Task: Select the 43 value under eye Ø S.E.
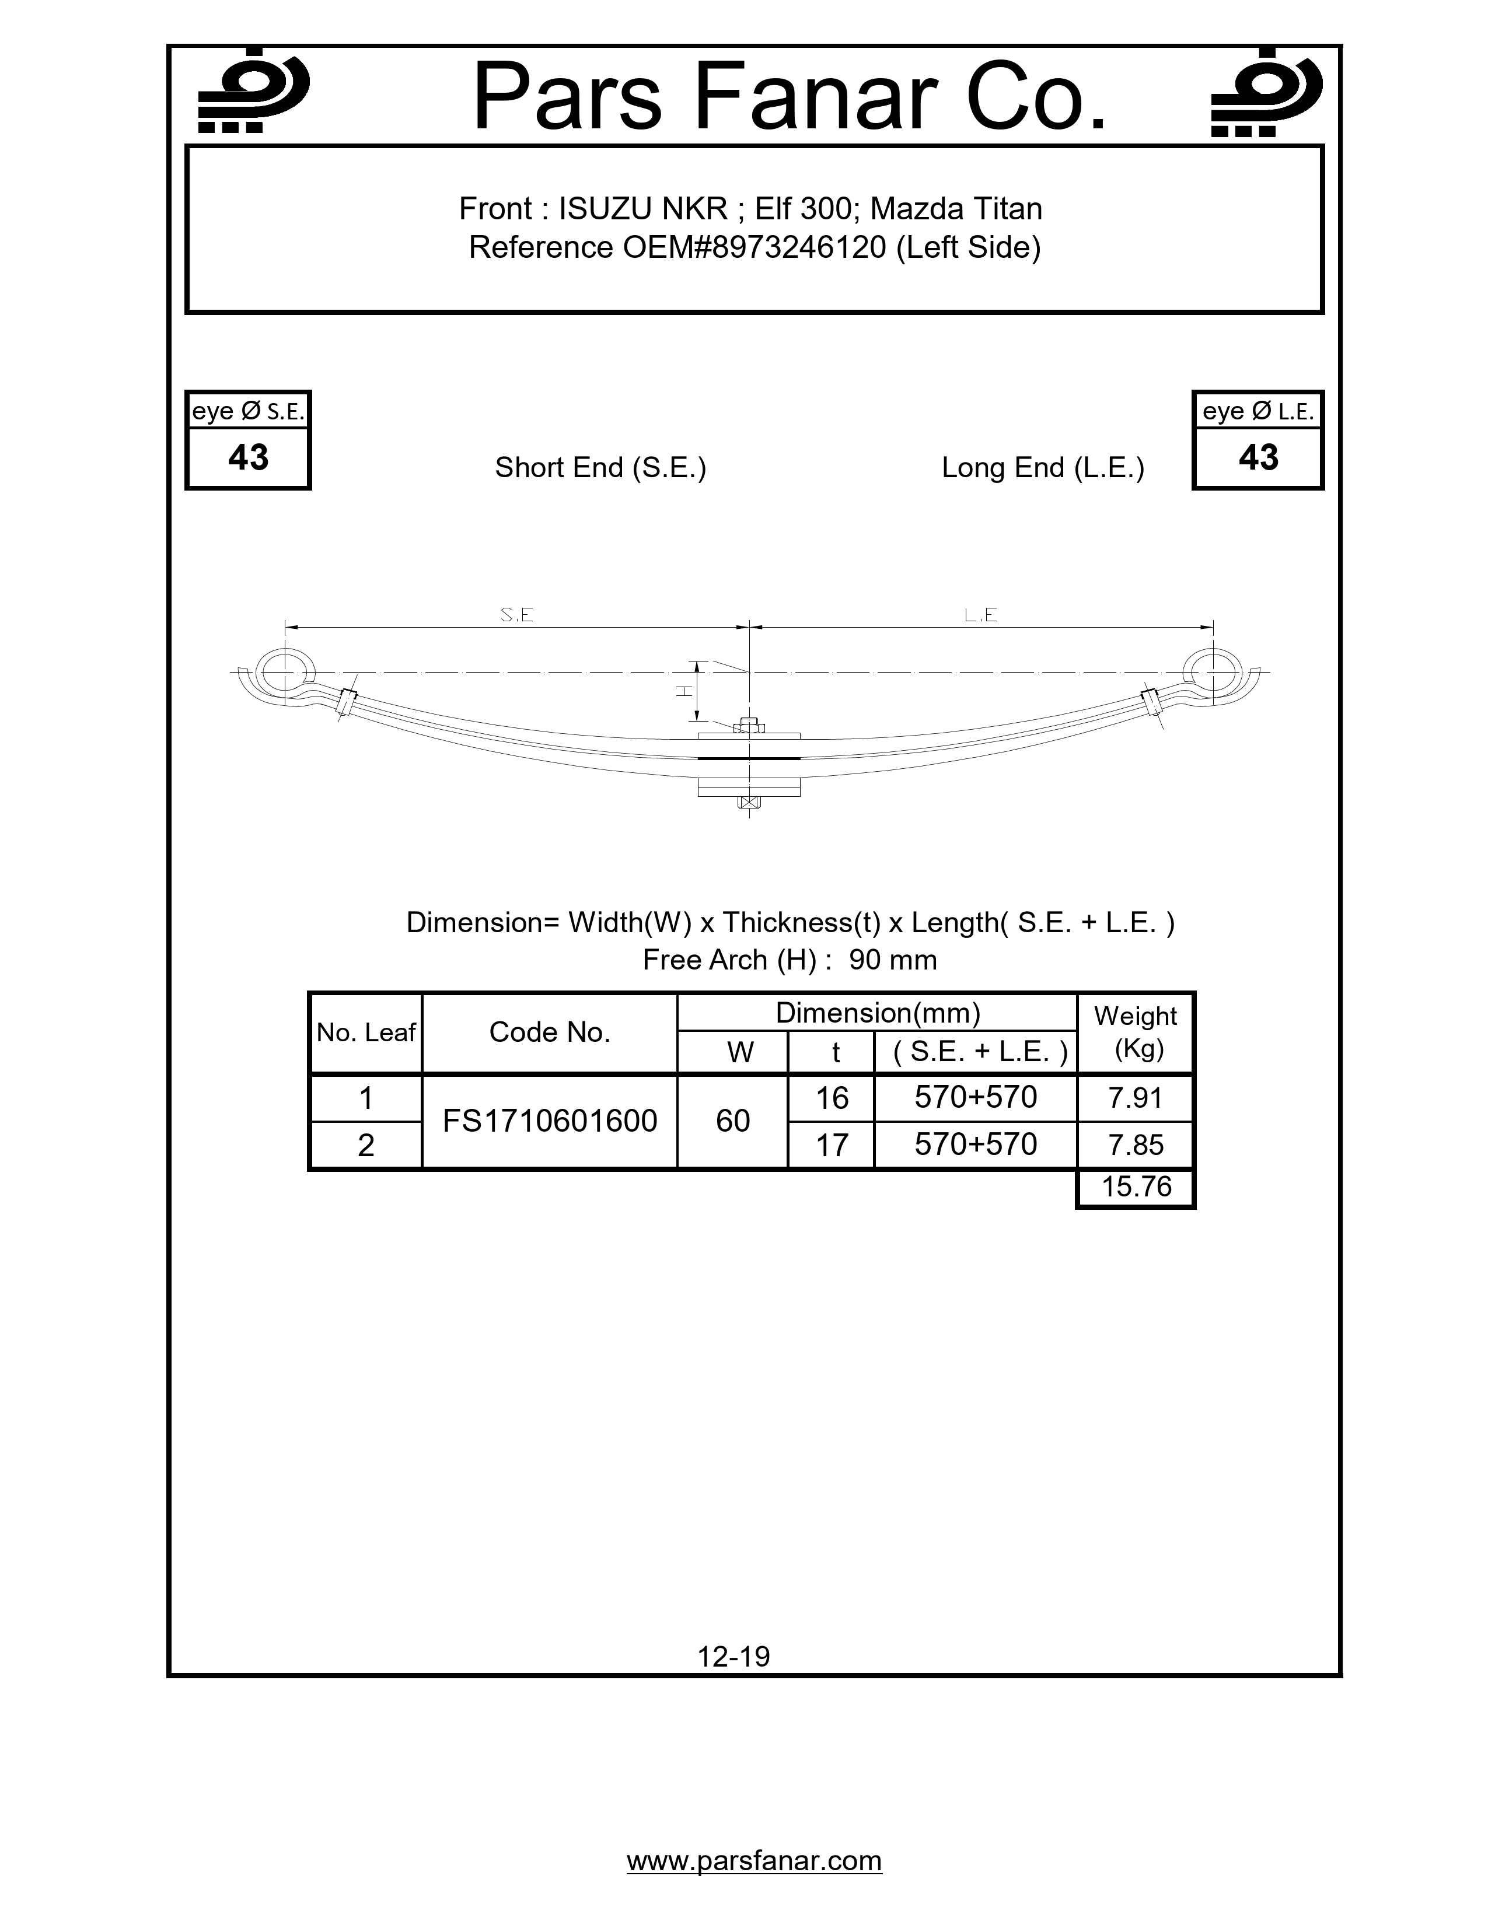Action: [247, 457]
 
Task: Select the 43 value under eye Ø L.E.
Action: [1258, 457]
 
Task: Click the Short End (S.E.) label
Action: [600, 467]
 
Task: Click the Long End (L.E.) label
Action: [1043, 467]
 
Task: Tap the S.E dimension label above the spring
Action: [516, 615]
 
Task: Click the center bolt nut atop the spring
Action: [749, 726]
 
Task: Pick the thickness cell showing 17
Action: [832, 1145]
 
